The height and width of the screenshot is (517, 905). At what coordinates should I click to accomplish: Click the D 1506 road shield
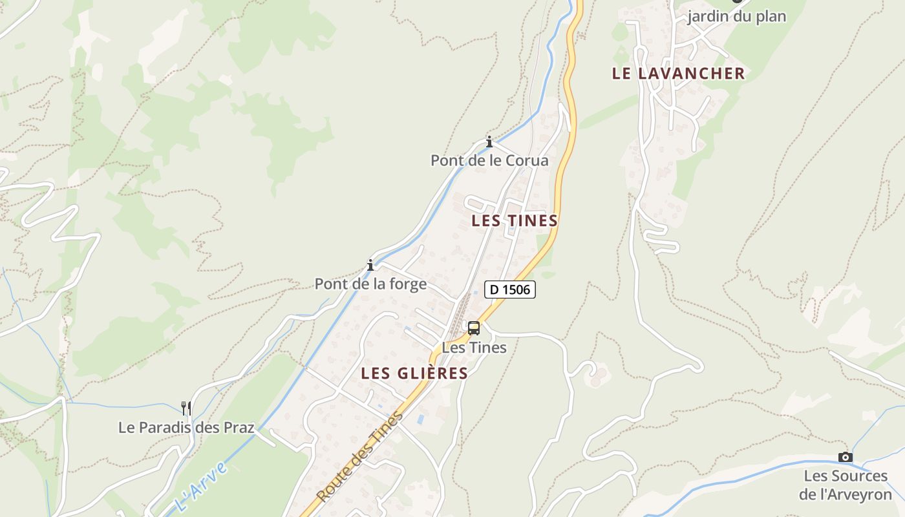[x=510, y=290]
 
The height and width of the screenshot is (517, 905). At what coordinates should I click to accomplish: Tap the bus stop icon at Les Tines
[x=474, y=328]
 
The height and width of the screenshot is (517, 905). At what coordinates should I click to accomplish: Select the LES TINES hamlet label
[x=515, y=220]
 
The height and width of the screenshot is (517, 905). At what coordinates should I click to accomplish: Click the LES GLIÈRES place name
[x=414, y=373]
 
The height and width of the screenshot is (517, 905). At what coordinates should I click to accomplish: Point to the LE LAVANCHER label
[x=678, y=73]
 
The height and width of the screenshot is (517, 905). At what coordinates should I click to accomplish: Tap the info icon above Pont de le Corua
[x=489, y=142]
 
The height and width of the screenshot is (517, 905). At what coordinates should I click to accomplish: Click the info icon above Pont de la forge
[x=370, y=265]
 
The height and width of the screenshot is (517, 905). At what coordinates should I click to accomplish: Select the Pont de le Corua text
[x=489, y=160]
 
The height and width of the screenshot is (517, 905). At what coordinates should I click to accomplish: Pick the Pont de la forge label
[x=370, y=284]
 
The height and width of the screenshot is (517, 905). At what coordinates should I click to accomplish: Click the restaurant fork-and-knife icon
[x=186, y=408]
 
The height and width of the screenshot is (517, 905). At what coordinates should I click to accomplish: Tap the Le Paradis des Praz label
[x=186, y=427]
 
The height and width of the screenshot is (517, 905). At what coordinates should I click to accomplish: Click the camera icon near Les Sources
[x=845, y=458]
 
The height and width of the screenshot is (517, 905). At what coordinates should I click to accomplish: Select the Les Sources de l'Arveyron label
[x=845, y=485]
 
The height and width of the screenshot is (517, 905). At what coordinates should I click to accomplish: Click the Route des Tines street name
[x=359, y=458]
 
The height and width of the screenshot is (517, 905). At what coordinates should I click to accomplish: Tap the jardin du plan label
[x=736, y=16]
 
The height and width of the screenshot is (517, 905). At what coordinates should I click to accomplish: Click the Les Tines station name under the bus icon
[x=474, y=348]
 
